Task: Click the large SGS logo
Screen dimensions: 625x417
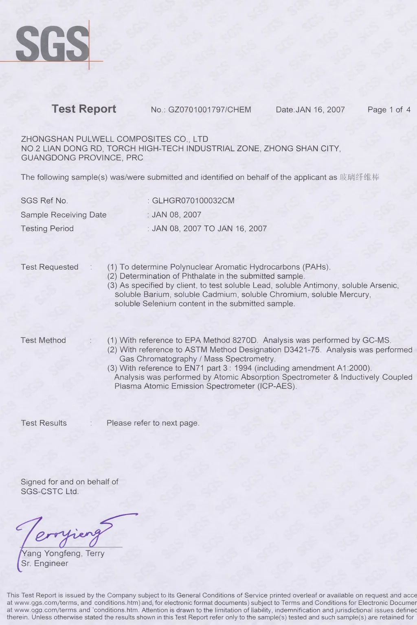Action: pos(52,44)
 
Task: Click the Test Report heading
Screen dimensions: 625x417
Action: pos(84,109)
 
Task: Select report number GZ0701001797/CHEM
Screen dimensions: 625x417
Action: pos(209,109)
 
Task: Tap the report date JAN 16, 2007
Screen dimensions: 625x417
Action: pos(320,109)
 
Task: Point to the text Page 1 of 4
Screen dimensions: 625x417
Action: pos(389,109)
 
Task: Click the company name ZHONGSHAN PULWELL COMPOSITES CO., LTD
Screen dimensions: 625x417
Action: pos(114,139)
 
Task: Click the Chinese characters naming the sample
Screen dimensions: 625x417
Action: pos(360,177)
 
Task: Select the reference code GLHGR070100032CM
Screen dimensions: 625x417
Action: pos(193,201)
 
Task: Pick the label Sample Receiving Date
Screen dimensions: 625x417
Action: pos(64,215)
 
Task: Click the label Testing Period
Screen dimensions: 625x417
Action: pos(47,229)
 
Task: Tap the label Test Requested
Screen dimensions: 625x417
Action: pos(50,267)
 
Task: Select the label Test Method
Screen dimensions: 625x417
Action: pos(43,340)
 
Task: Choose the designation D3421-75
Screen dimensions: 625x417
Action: pos(296,350)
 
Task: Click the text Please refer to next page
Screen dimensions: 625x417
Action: pos(153,423)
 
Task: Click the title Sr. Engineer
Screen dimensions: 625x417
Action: pos(45,564)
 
